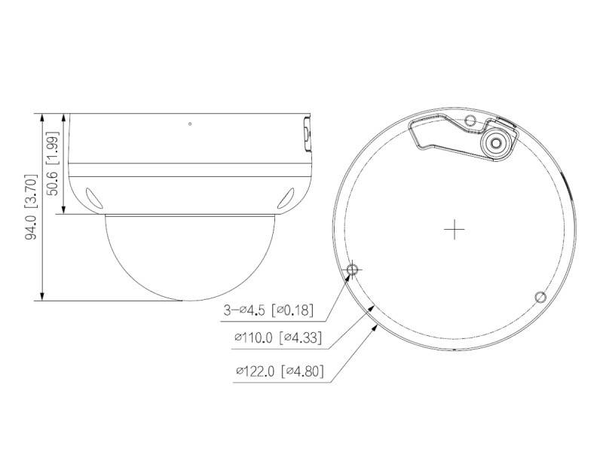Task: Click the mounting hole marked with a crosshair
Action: [352, 270]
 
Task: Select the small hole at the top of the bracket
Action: [470, 121]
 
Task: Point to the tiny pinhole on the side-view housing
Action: [190, 124]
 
